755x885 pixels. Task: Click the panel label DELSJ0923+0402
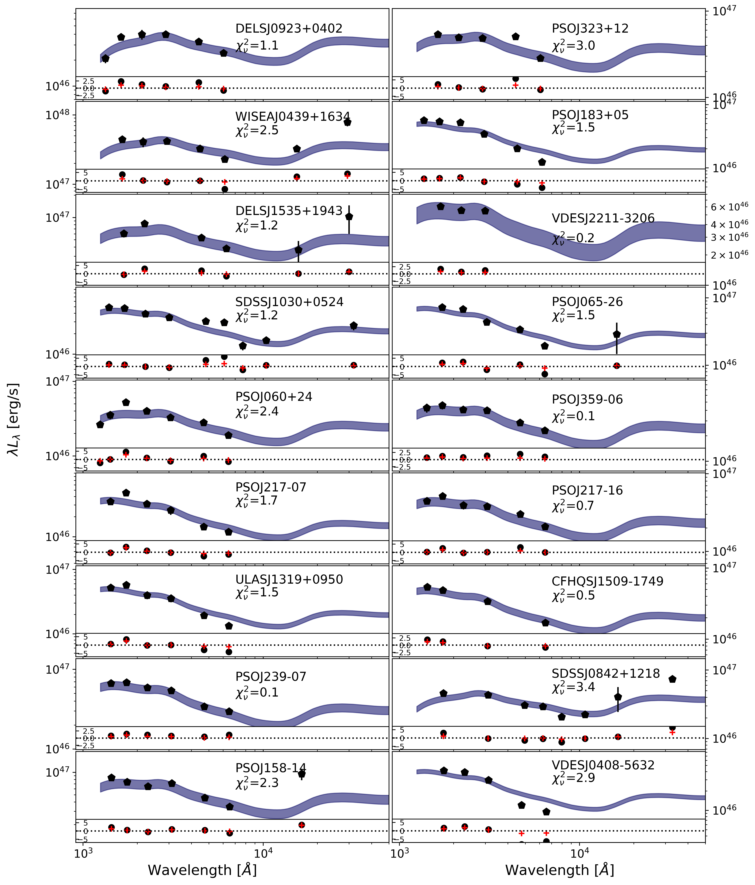click(289, 29)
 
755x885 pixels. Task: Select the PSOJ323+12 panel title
click(590, 29)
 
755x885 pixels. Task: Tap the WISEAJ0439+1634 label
click(293, 117)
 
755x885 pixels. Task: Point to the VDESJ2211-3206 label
click(603, 218)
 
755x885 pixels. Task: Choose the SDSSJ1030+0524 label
click(289, 302)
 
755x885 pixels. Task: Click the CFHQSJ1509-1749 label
click(607, 581)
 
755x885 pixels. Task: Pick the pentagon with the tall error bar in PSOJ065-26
click(617, 334)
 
